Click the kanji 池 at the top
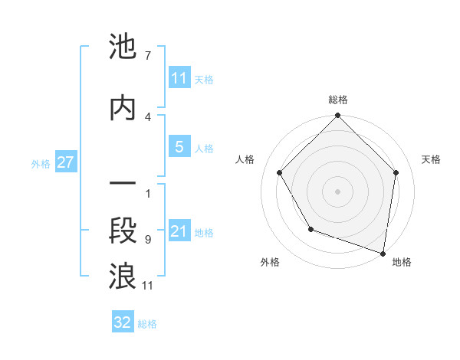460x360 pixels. click(123, 47)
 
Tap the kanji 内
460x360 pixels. click(123, 107)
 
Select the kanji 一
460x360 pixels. click(123, 185)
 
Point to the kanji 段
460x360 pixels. click(123, 231)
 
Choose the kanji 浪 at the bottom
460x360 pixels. click(123, 277)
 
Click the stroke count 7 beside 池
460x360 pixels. click(147, 56)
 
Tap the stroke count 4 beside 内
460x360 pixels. click(147, 116)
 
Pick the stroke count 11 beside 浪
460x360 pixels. click(148, 286)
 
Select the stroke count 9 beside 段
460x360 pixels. click(147, 240)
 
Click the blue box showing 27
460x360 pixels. click(65, 162)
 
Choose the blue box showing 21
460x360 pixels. click(179, 231)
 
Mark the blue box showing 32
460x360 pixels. click(123, 322)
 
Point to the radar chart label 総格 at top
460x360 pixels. click(338, 100)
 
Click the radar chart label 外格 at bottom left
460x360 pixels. click(270, 262)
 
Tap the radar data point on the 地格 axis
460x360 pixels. click(383, 253)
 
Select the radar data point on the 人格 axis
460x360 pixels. click(279, 172)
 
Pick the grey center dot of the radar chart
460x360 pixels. click(338, 191)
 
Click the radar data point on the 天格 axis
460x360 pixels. click(396, 172)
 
